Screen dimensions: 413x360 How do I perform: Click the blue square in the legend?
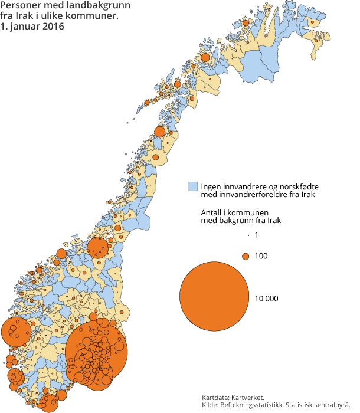pyautogui.click(x=192, y=186)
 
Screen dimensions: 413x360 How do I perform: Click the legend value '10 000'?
pyautogui.click(x=266, y=299)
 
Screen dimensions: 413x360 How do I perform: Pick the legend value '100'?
pyautogui.click(x=261, y=256)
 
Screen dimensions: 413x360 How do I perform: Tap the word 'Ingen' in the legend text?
pyautogui.click(x=212, y=186)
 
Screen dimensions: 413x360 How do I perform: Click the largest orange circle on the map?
pyautogui.click(x=96, y=352)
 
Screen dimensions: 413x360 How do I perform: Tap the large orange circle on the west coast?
pyautogui.click(x=16, y=332)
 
